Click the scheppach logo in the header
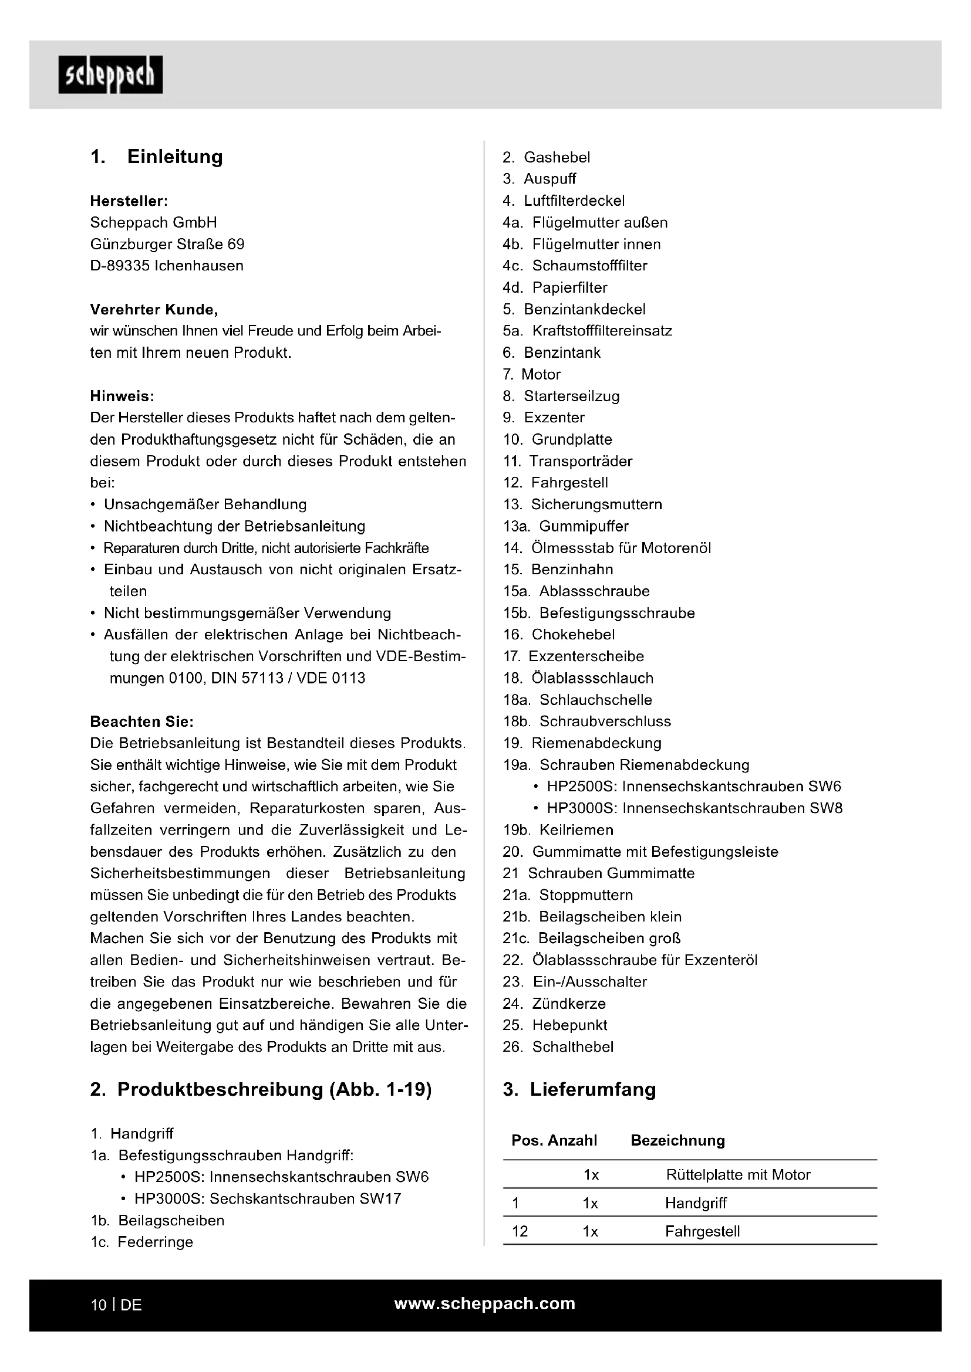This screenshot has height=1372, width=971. pos(110,74)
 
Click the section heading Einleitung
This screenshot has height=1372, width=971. pos(174,157)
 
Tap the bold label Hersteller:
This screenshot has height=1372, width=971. pos(129,201)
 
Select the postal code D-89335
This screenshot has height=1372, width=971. pos(120,266)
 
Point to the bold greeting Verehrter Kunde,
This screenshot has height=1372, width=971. pos(154,310)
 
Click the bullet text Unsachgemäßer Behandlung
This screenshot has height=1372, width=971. pos(205,504)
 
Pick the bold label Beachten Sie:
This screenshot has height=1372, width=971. pos(141,721)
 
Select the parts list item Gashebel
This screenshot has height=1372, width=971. pos(557,157)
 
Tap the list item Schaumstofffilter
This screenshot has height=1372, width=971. pos(589,265)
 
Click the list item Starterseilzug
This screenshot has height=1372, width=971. pos(572,395)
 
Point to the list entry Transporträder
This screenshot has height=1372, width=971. pos(581,460)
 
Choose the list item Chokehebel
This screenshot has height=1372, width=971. pos(573,634)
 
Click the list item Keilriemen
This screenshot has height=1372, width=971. pos(576,829)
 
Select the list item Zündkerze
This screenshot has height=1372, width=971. pos(569,1003)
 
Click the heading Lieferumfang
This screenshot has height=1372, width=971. pos(592,1089)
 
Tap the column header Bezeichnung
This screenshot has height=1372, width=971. pos(677,1140)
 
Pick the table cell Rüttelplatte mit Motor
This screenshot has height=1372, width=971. pos(738,1175)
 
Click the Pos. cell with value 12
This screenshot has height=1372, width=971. pos(520,1231)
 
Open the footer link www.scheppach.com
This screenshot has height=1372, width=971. pos(484,1303)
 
